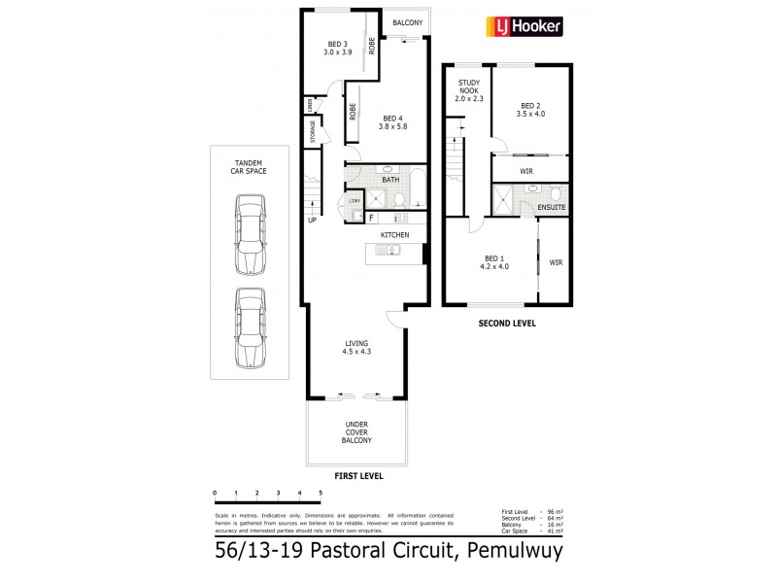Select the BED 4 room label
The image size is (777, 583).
click(392, 120)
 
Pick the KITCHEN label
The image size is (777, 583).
click(394, 235)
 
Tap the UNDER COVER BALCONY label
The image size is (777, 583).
click(356, 432)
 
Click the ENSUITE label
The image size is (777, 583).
click(550, 208)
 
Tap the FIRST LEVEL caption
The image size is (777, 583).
click(358, 477)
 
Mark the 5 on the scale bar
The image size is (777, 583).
click(320, 495)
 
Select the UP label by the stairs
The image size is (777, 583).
click(312, 220)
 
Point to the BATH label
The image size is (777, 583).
click(390, 180)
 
